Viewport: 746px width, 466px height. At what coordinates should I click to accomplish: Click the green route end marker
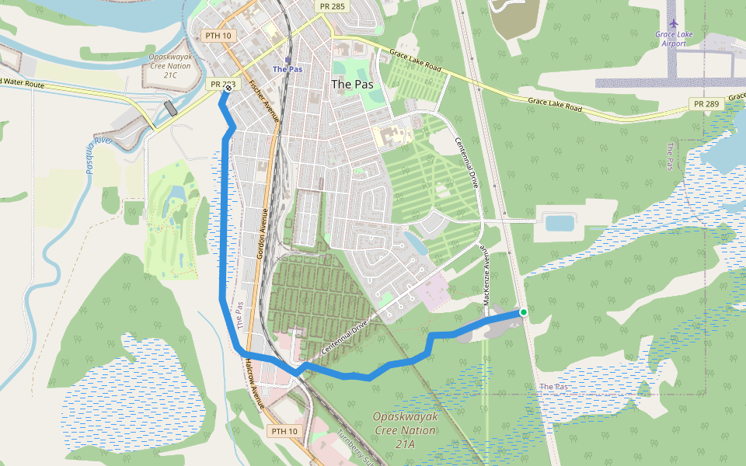tap(524, 312)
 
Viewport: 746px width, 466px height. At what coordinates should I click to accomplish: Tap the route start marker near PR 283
tap(227, 89)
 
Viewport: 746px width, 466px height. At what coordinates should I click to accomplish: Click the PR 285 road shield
tap(333, 6)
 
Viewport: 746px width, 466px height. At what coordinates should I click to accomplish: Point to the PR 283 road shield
tap(221, 84)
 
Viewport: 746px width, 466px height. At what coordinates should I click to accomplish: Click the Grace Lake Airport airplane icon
tap(672, 24)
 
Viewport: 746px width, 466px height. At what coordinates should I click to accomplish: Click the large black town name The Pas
tap(352, 84)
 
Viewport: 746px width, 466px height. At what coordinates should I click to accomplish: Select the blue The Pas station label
tap(287, 69)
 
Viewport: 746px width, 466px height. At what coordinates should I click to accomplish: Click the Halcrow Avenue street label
tap(254, 384)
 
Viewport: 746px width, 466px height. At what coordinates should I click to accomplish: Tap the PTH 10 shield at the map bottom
tap(284, 431)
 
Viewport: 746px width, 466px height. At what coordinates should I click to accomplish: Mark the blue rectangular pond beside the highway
tap(559, 223)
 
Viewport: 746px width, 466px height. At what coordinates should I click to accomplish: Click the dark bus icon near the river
tap(170, 107)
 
